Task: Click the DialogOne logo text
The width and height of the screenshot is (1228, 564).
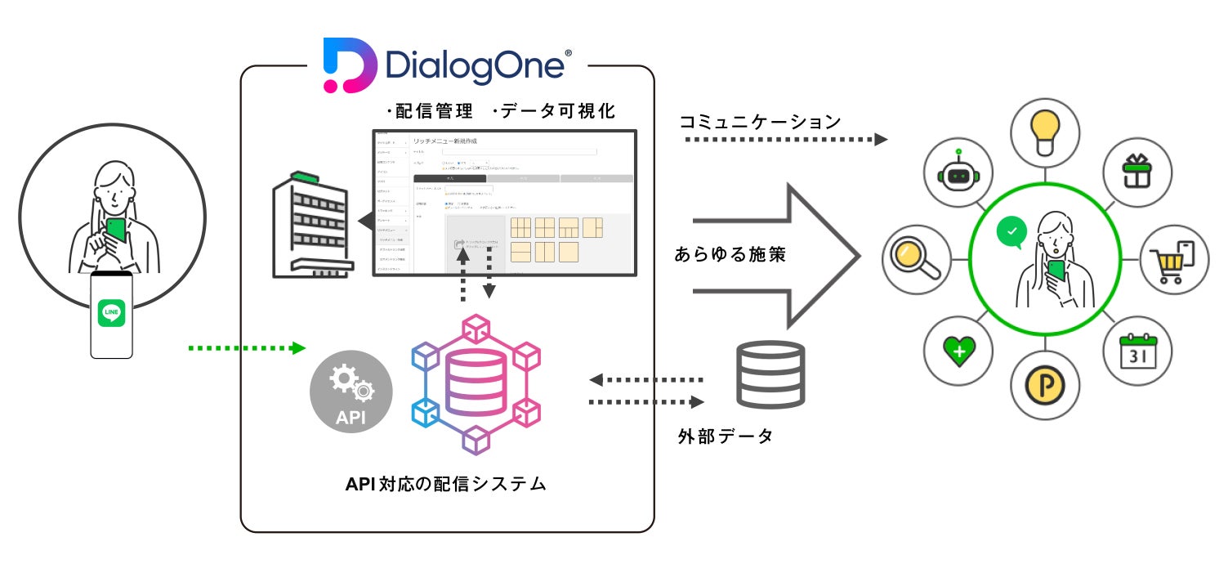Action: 474,65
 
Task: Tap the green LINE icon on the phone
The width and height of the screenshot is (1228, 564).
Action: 111,315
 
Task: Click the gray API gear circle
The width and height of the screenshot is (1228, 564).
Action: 351,392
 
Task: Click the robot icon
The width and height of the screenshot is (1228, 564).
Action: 958,175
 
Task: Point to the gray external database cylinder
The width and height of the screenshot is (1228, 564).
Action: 770,374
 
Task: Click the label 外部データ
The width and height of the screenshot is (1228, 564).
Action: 725,436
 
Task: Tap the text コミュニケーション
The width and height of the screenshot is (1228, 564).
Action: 761,122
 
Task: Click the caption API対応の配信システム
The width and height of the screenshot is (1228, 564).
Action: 445,483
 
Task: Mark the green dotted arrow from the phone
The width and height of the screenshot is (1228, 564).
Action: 246,348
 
